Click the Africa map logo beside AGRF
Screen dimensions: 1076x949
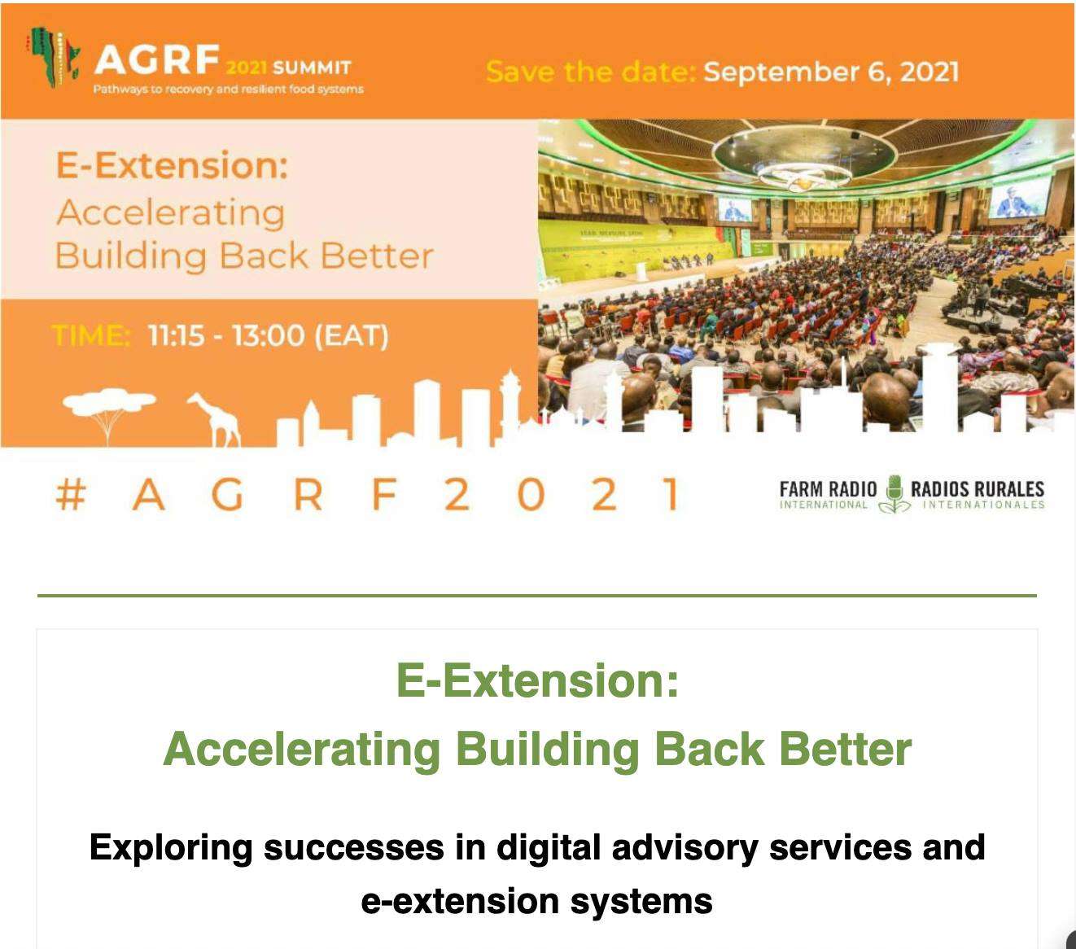tap(54, 57)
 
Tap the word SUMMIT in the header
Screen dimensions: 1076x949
tap(312, 68)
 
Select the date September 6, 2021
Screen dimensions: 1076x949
tap(831, 72)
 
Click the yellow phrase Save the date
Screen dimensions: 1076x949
tap(590, 72)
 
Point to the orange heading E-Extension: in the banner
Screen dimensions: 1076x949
tap(172, 166)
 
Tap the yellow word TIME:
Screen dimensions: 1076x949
tap(91, 335)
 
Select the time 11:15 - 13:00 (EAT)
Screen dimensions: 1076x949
tap(269, 336)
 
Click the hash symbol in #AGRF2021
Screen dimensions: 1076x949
tap(71, 495)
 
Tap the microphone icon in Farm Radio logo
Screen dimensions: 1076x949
tap(894, 494)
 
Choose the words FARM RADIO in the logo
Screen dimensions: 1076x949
tap(828, 489)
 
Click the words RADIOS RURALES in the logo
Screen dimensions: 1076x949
tap(978, 489)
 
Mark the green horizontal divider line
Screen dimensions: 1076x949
tap(537, 596)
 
